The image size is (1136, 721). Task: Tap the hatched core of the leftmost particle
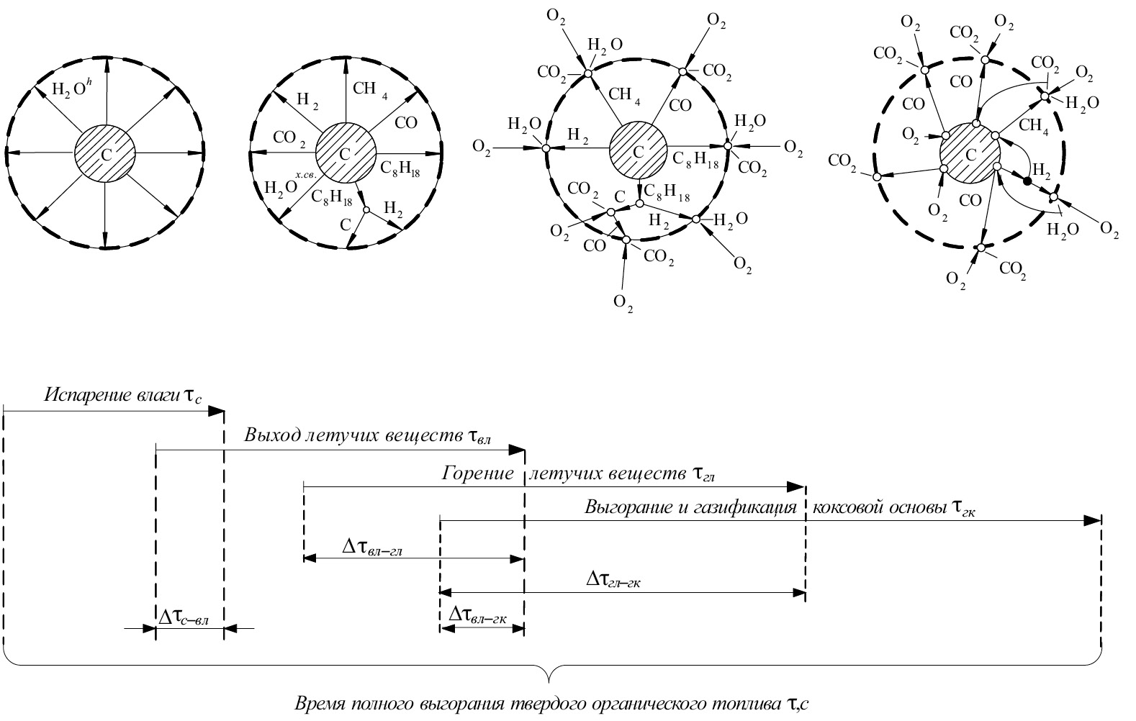tap(105, 153)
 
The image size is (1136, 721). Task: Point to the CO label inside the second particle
tap(405, 122)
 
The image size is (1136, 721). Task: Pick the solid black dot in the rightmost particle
tap(1027, 181)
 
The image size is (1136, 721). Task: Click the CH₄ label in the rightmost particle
tap(1034, 126)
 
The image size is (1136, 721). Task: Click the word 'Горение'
tap(478, 473)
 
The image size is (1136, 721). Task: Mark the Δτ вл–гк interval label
tap(477, 615)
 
